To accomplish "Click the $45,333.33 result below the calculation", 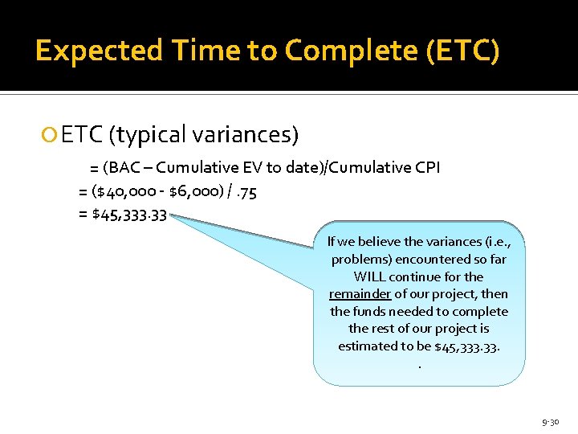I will [x=129, y=215].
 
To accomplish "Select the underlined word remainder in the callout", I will [x=360, y=294].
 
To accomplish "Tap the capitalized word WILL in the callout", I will [x=371, y=276].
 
